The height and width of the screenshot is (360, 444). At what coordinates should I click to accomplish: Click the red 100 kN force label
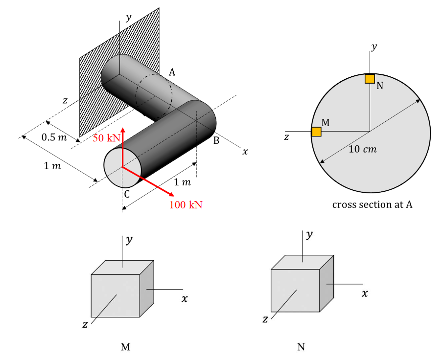click(x=186, y=204)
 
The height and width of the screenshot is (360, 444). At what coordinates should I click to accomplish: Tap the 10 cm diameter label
click(x=362, y=149)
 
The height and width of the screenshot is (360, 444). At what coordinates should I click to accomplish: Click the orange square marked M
click(x=316, y=132)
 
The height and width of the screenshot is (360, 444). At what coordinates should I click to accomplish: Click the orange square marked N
click(x=370, y=79)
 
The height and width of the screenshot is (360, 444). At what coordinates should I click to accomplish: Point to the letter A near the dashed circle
click(x=172, y=72)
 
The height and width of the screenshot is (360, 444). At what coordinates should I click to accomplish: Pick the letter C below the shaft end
click(x=126, y=193)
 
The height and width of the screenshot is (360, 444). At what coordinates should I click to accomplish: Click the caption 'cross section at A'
click(x=372, y=204)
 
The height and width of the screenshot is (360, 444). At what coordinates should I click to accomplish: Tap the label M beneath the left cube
click(x=125, y=347)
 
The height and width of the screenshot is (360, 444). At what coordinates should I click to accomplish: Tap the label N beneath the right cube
click(x=301, y=347)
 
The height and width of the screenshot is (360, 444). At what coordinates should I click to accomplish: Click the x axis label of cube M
click(x=184, y=298)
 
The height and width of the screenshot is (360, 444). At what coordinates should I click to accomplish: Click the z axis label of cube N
click(x=265, y=319)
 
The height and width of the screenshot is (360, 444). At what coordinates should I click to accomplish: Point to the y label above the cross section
click(x=374, y=47)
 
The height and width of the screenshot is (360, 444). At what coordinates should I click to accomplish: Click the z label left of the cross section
click(x=286, y=137)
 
